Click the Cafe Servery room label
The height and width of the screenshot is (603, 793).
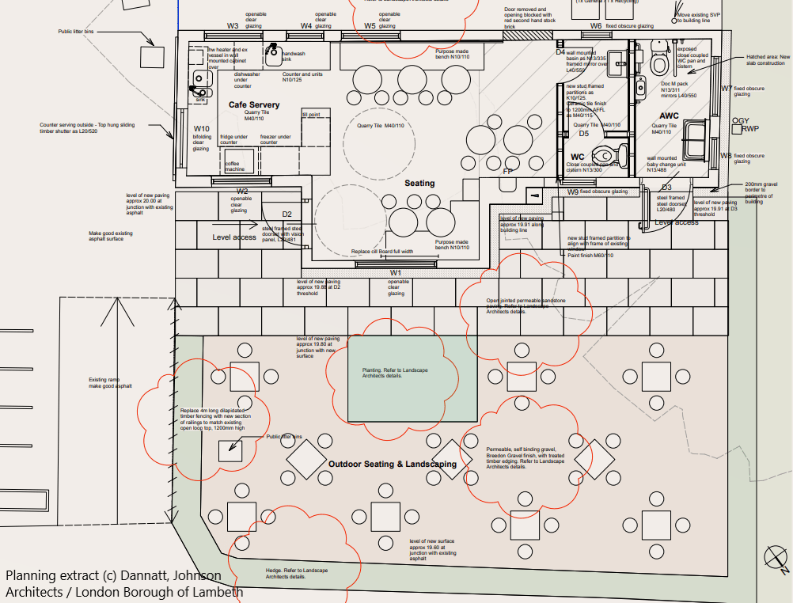click(x=254, y=104)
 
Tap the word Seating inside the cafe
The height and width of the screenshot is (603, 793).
click(x=419, y=183)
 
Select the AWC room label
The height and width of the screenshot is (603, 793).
click(x=669, y=116)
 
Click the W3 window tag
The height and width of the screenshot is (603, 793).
click(x=232, y=26)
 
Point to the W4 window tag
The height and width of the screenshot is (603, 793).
click(x=305, y=26)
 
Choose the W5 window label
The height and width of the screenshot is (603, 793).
click(x=370, y=26)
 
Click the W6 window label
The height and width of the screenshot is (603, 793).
click(x=595, y=26)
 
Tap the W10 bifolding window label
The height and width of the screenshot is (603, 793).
click(x=201, y=129)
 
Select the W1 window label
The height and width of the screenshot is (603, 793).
click(x=395, y=273)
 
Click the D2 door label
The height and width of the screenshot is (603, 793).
click(x=287, y=214)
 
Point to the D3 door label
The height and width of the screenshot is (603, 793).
click(x=666, y=188)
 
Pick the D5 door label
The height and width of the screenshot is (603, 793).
click(x=583, y=134)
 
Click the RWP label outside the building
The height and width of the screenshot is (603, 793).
click(x=749, y=129)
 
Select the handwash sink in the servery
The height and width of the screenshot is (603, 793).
click(x=274, y=55)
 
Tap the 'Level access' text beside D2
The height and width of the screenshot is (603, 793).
click(x=234, y=237)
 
